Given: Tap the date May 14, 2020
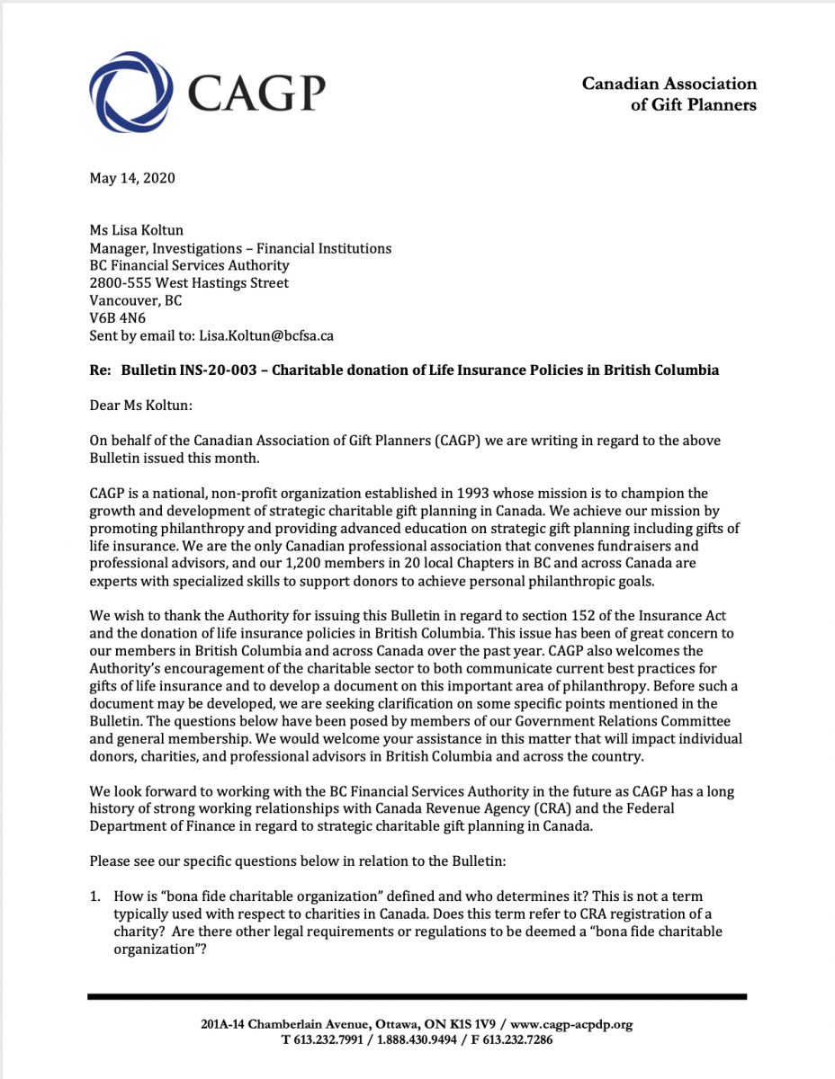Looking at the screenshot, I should click(x=132, y=177).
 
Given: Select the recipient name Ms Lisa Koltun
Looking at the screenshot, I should click(x=136, y=230).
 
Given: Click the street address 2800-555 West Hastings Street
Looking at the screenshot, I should click(x=189, y=283).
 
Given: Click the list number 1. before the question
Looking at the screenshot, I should click(x=95, y=896).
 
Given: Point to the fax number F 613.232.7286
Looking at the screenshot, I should click(x=504, y=1039).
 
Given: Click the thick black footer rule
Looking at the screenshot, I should click(x=417, y=996).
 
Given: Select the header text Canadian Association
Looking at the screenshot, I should click(x=669, y=84).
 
